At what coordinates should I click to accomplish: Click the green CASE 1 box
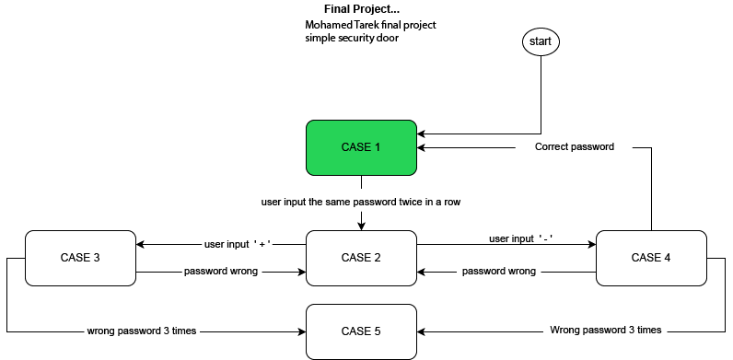(360, 147)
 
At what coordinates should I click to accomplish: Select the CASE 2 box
(360, 258)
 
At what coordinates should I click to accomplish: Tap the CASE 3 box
(80, 258)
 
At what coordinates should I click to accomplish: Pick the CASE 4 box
(652, 258)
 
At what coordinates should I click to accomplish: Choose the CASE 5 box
(360, 331)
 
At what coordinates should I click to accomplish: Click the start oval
(541, 41)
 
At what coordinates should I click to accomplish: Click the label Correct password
(574, 146)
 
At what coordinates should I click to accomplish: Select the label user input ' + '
(237, 245)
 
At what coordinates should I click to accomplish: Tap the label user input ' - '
(520, 238)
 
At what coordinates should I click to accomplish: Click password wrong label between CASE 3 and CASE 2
(220, 272)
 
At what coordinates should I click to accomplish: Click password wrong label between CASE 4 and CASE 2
(498, 272)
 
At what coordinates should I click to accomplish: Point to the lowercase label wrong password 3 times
(141, 330)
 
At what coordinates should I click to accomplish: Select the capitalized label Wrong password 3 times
(605, 330)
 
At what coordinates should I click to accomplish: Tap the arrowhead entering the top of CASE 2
(360, 226)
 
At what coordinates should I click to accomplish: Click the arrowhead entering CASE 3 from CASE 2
(140, 245)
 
